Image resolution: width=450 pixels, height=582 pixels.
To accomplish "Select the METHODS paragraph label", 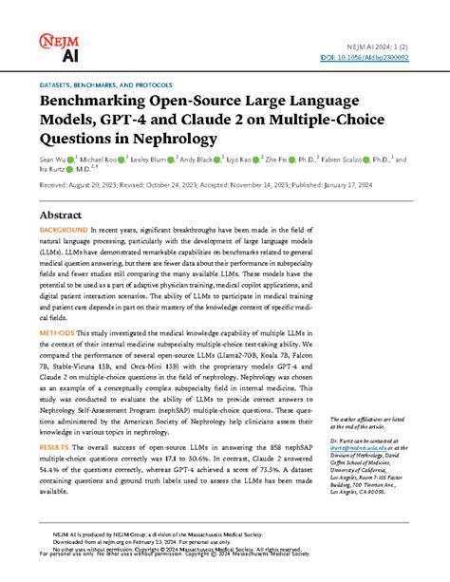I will pos(56,334).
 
